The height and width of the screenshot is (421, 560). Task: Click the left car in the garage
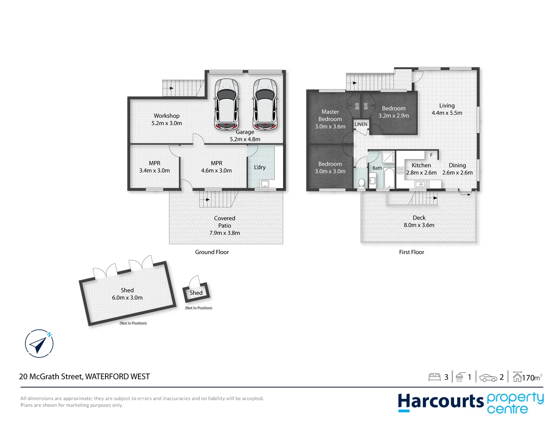click(x=226, y=104)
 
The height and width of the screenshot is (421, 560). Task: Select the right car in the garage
click(x=265, y=104)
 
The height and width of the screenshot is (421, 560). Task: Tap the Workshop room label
click(x=167, y=116)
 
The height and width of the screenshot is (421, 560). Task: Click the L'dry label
click(x=260, y=167)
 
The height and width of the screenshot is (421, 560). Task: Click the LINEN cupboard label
click(x=361, y=124)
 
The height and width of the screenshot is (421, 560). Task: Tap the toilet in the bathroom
click(x=362, y=183)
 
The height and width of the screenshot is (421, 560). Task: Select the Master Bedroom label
click(x=330, y=115)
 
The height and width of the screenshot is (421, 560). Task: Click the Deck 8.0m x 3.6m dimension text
click(x=419, y=225)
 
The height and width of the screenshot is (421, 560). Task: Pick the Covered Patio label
click(x=225, y=222)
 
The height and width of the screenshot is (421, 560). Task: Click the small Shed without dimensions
click(x=196, y=293)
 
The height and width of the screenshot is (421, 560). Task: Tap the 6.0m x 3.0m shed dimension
click(x=127, y=297)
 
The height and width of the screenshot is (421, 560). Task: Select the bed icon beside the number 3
click(x=434, y=377)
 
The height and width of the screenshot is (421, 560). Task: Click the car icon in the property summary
click(x=488, y=377)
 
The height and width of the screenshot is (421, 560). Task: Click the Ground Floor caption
click(x=212, y=252)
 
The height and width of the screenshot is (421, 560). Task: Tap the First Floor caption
click(x=411, y=252)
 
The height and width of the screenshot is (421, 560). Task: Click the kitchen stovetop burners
click(x=400, y=170)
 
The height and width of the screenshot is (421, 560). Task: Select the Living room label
click(x=447, y=106)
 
